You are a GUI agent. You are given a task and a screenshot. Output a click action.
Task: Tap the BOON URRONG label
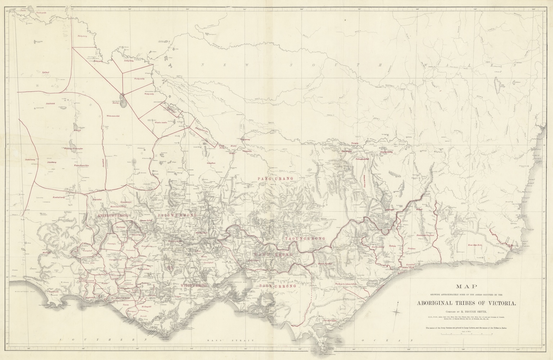278,286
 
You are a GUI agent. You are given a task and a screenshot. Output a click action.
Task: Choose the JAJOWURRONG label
177,215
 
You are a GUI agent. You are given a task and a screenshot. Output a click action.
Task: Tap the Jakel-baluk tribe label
50,104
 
